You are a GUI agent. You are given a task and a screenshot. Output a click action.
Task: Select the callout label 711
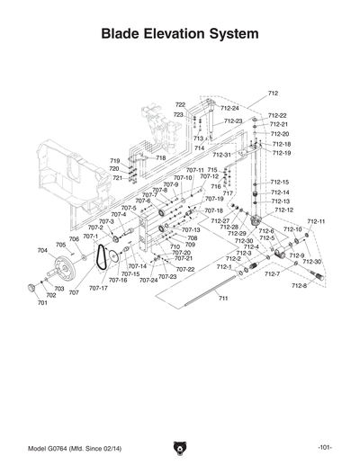222,298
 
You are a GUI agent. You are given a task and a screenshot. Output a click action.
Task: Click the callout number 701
42,303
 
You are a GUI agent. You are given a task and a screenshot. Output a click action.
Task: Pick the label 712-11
316,221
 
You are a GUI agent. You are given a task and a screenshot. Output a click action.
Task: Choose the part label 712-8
299,285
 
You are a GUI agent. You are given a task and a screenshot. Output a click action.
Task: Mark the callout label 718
160,157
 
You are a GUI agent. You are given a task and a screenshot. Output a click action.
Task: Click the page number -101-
325,448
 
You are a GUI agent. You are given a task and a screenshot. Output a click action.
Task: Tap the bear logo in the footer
180,447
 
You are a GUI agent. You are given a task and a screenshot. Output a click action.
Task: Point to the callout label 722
180,105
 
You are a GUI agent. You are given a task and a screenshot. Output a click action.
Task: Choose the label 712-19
281,153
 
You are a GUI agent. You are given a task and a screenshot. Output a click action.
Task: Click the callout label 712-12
283,210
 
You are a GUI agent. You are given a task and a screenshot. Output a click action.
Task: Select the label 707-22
185,269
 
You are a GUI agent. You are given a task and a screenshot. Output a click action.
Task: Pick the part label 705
61,245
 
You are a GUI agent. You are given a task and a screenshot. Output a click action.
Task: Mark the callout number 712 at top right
274,94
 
